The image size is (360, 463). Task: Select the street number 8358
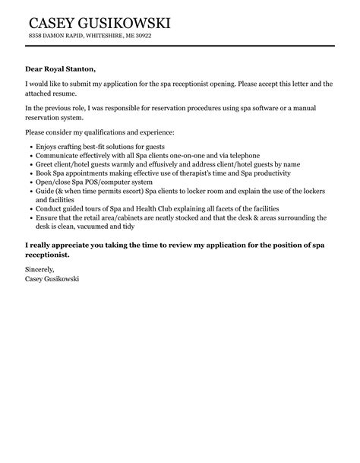(x=34, y=36)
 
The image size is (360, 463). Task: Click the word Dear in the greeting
(x=33, y=68)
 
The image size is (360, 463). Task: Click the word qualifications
(x=104, y=132)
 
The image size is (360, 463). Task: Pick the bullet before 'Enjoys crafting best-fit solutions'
(x=29, y=145)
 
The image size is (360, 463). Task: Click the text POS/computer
(x=97, y=182)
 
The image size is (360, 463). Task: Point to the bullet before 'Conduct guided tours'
(x=29, y=208)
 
